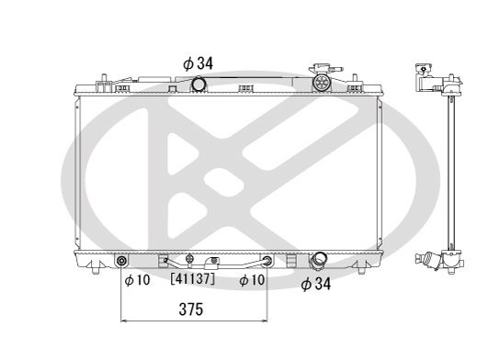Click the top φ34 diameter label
pyautogui.click(x=199, y=63)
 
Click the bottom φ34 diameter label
pyautogui.click(x=317, y=285)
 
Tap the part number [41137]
pyautogui.click(x=192, y=278)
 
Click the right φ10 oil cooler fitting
pyautogui.click(x=266, y=264)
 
